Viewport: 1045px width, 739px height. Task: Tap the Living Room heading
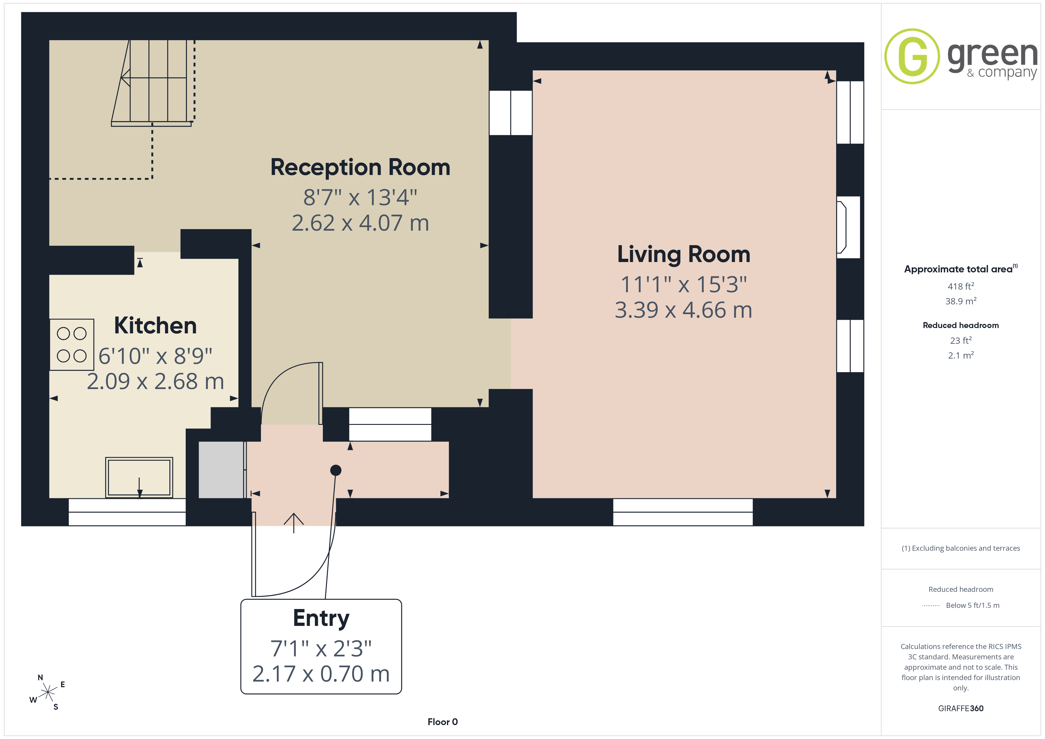[x=684, y=254]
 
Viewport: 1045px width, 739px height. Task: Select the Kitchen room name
[x=155, y=325]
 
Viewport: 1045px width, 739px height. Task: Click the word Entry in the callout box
[x=321, y=618]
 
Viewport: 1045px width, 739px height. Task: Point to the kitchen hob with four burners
[x=72, y=344]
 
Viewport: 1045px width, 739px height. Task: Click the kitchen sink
[x=139, y=477]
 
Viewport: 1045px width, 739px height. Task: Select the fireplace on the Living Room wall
[x=848, y=227]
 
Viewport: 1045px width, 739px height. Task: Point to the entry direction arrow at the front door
[x=294, y=523]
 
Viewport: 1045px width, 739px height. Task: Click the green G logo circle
[x=912, y=57]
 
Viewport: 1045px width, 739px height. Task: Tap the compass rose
[x=47, y=693]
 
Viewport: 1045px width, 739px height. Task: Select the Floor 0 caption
[x=443, y=722]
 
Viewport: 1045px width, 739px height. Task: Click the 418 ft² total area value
[x=961, y=286]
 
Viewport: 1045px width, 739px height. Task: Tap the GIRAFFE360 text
[x=961, y=709]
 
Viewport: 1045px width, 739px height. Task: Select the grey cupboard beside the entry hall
[x=222, y=470]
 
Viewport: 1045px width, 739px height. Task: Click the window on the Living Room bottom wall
[x=683, y=513]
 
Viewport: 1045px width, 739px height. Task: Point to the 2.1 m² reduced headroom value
[x=961, y=355]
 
